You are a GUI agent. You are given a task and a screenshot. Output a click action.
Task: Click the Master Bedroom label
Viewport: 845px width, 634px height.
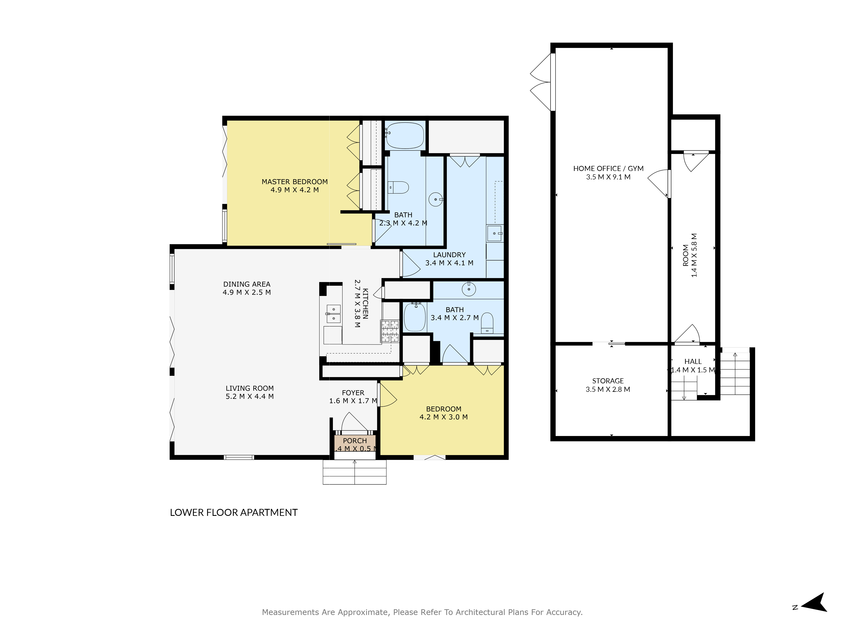[294, 182]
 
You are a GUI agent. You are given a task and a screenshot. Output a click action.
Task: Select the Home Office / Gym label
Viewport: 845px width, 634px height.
[608, 168]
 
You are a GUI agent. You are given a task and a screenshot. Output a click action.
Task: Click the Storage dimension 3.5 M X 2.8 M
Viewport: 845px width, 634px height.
[608, 389]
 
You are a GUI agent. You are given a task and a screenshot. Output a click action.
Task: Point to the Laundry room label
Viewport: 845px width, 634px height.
[449, 255]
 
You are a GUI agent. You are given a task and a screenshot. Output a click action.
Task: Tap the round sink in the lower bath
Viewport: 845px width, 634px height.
[469, 289]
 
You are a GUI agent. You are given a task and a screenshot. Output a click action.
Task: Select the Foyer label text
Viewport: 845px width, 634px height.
[353, 393]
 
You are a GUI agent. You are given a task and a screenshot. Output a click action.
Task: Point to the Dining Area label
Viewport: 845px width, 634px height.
[247, 284]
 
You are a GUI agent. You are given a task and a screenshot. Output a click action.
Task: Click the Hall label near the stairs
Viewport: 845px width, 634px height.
[692, 362]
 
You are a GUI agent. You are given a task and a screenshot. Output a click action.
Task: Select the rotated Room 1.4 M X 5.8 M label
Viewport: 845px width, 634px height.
[690, 255]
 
